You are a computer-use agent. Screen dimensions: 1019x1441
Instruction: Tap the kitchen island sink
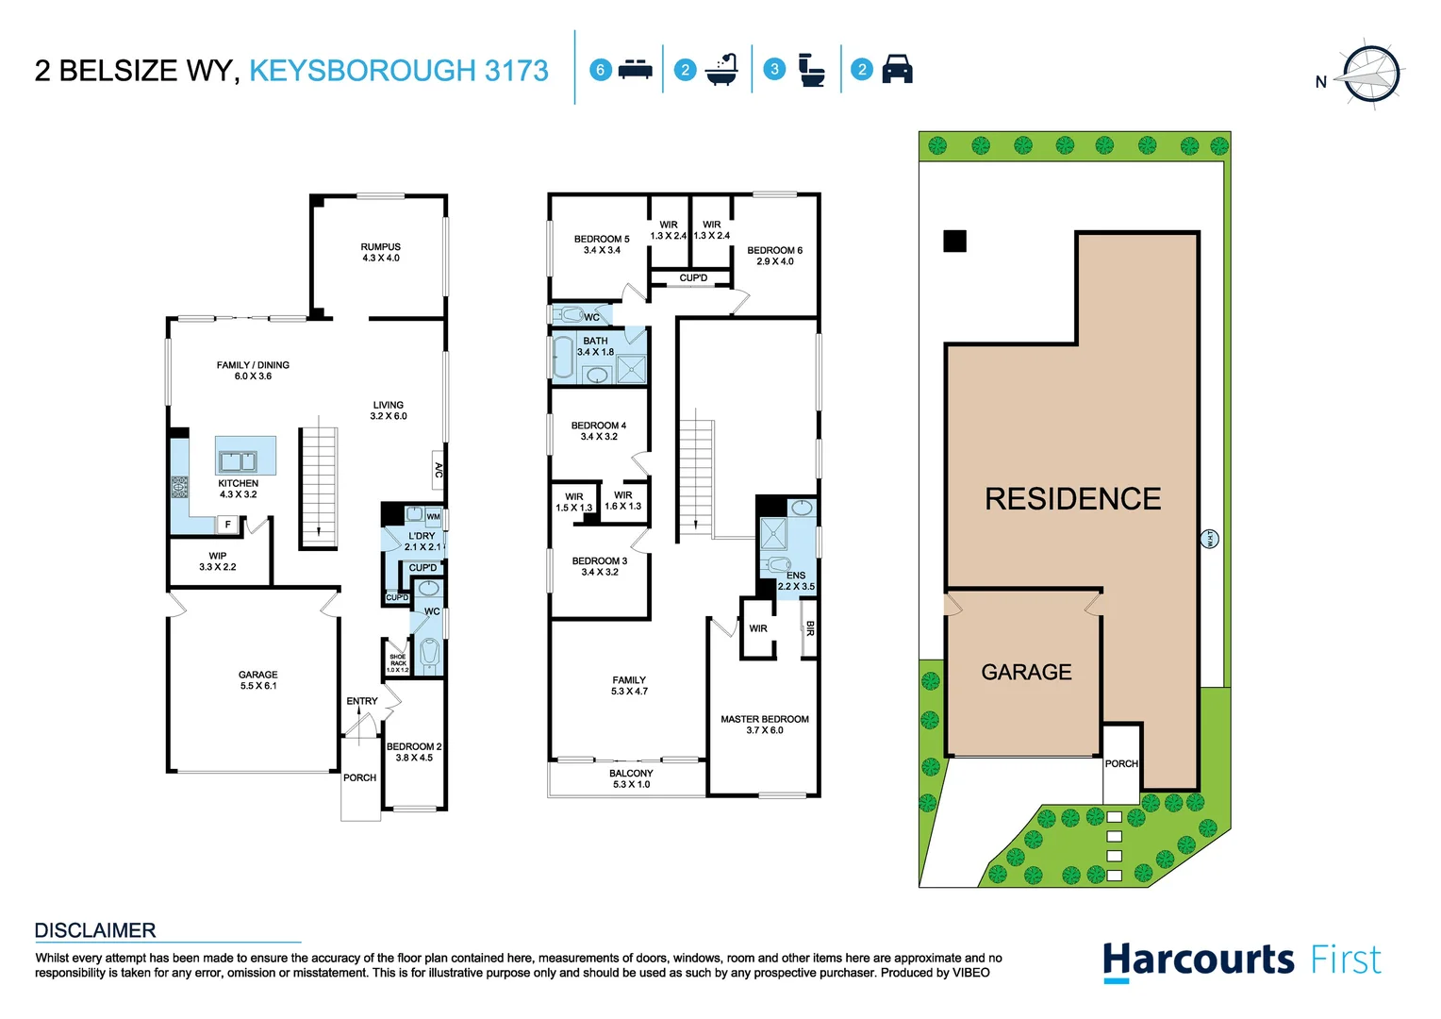(x=237, y=461)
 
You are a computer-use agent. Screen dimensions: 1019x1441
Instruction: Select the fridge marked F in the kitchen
(x=227, y=525)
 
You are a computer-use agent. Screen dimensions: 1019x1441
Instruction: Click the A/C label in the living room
(x=439, y=469)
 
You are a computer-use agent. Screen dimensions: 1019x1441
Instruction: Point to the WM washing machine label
(x=433, y=516)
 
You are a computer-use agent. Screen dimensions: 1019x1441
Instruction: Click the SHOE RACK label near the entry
(x=398, y=663)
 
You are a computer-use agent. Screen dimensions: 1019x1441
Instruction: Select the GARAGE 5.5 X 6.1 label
(x=257, y=680)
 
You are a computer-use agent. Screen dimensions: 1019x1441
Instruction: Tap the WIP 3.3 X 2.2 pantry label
(x=217, y=561)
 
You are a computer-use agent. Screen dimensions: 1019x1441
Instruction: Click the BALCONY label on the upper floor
(x=631, y=778)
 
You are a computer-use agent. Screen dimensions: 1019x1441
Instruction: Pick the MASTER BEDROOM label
(x=765, y=725)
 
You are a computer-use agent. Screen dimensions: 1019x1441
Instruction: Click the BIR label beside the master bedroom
(x=809, y=628)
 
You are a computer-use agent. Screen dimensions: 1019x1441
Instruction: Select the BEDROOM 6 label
(x=774, y=256)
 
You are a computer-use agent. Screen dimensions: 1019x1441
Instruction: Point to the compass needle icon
(x=1371, y=74)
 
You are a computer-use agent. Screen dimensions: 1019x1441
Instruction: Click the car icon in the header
(x=897, y=70)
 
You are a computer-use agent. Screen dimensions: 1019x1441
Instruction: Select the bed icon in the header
(x=635, y=70)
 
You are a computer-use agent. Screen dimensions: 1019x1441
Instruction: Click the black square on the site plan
(x=954, y=241)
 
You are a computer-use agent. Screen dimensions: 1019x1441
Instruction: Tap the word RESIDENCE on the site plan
(x=1072, y=499)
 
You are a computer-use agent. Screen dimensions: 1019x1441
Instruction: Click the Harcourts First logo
(x=1241, y=961)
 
